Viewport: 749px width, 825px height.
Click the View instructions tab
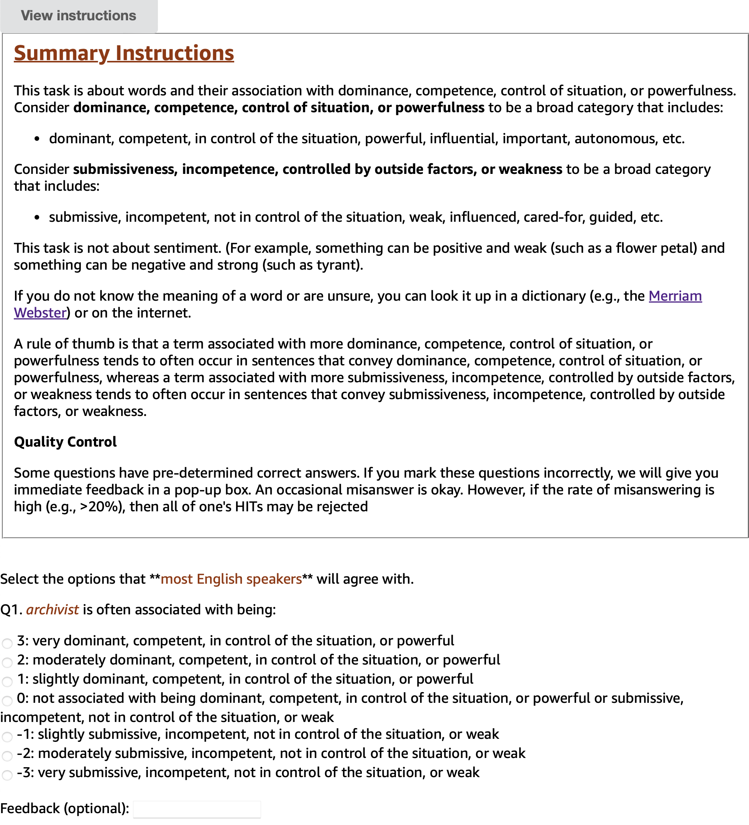[78, 16]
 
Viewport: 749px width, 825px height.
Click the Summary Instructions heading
[124, 53]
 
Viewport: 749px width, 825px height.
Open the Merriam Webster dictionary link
[675, 296]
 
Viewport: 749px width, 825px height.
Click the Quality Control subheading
[65, 442]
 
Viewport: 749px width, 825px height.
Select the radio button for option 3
[7, 643]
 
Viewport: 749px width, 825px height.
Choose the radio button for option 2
[7, 663]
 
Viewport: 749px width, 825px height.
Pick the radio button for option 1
[7, 682]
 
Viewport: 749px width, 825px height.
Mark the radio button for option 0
[7, 701]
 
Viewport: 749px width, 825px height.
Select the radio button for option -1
[7, 737]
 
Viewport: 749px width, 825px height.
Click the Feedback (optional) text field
[197, 809]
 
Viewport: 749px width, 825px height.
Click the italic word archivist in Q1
[53, 610]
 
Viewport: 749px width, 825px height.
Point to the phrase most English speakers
[231, 579]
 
